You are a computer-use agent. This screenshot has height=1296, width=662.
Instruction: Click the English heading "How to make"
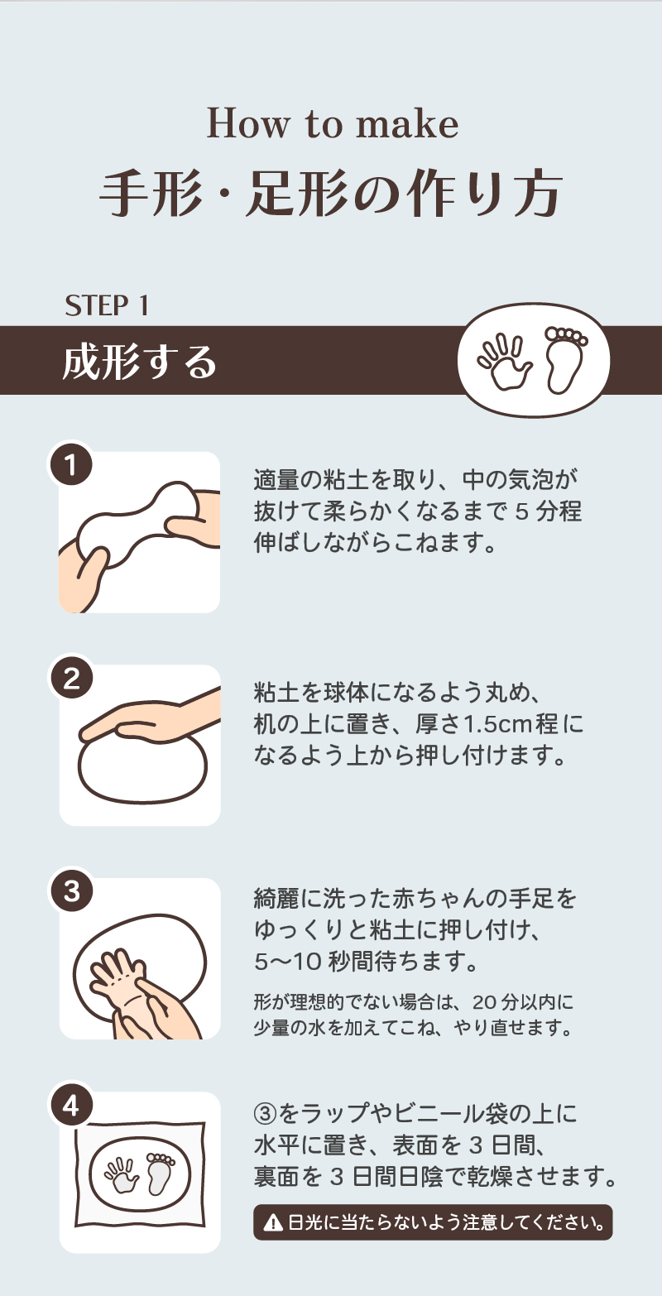click(x=332, y=124)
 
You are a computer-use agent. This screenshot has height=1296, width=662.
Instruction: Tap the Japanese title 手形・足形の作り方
click(x=331, y=195)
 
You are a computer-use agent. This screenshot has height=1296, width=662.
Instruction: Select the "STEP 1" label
click(x=107, y=306)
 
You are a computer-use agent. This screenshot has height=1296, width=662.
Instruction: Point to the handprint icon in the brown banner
click(x=504, y=362)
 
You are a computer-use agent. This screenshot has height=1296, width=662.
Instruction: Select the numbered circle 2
click(x=71, y=679)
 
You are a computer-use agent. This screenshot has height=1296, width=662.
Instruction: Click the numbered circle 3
click(x=71, y=892)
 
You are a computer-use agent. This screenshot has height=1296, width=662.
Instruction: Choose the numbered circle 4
click(x=71, y=1106)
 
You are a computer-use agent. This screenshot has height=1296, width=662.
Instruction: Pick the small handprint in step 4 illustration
click(x=122, y=1175)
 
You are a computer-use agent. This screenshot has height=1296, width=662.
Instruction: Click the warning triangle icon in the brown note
click(x=271, y=1222)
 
